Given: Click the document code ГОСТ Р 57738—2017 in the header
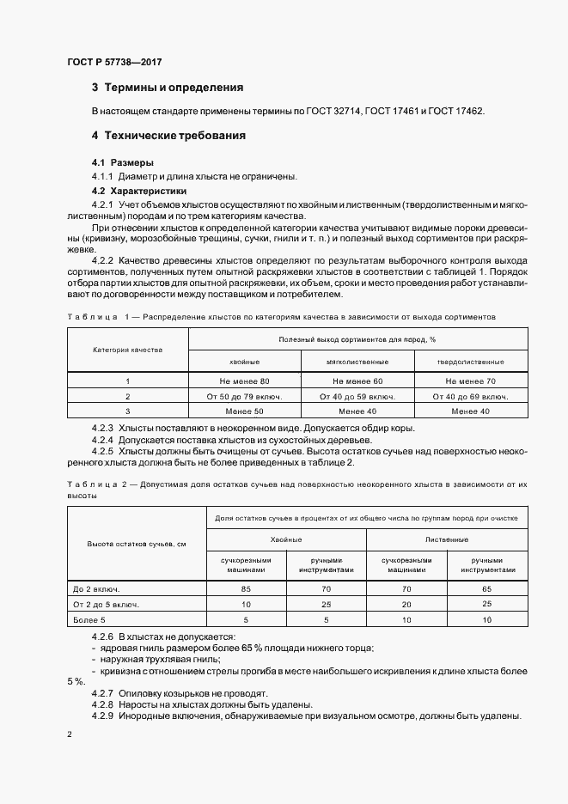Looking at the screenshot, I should click(x=114, y=62).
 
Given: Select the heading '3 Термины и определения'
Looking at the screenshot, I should click(x=167, y=88).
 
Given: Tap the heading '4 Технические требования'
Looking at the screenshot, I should click(x=168, y=136).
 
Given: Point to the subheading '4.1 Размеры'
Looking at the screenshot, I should click(x=123, y=162).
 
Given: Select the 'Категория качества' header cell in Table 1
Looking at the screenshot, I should click(x=127, y=350).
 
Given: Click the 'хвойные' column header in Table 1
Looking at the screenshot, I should click(x=244, y=362).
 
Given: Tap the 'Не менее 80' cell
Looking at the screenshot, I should click(x=244, y=381).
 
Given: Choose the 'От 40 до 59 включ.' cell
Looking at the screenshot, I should click(x=357, y=396).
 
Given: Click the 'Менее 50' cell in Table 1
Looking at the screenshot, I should click(x=244, y=411).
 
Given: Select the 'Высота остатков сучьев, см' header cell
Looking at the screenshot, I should click(x=136, y=545).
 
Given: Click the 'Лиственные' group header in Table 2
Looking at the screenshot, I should click(x=447, y=539).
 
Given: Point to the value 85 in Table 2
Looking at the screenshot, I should click(x=246, y=589).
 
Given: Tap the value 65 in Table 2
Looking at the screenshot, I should click(x=487, y=589).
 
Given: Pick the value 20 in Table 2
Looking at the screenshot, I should click(x=406, y=605).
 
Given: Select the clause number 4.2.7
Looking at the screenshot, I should click(x=102, y=692).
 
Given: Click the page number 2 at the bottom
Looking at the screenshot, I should click(x=70, y=735).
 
